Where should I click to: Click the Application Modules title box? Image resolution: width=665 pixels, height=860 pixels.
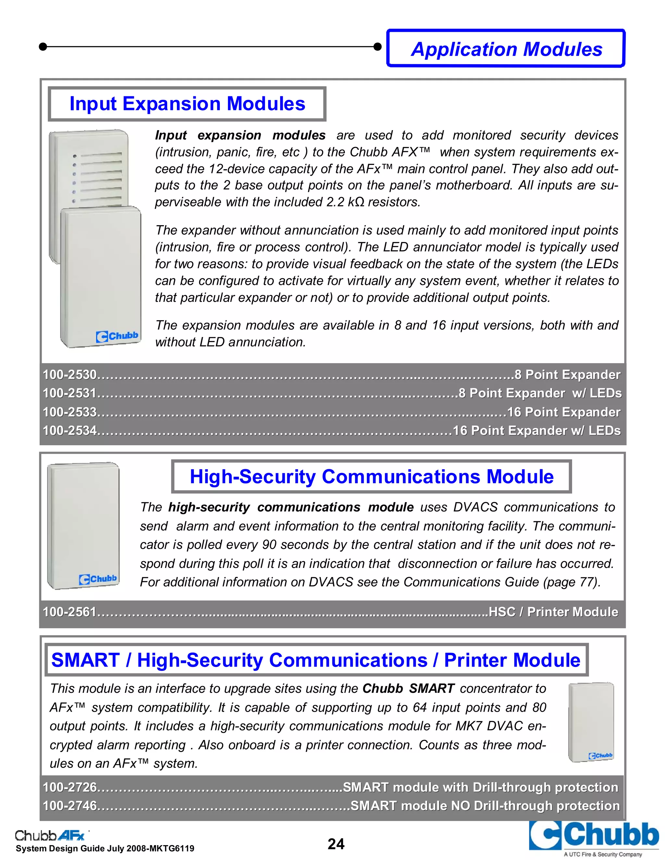click(x=506, y=49)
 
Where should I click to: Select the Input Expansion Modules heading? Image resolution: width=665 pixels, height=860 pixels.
click(x=187, y=104)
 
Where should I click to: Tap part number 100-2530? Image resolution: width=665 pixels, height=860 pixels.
click(x=70, y=375)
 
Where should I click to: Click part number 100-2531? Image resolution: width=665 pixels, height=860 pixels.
click(x=70, y=393)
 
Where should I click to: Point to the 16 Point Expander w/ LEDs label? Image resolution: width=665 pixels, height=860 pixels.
click(x=536, y=430)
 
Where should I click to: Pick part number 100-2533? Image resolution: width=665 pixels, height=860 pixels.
click(x=70, y=412)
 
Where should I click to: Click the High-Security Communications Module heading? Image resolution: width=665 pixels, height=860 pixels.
click(x=371, y=476)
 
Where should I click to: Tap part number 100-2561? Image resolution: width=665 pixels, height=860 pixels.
click(x=70, y=611)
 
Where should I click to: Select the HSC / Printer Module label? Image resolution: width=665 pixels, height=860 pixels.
click(x=553, y=611)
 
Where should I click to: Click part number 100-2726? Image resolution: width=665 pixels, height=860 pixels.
click(x=70, y=787)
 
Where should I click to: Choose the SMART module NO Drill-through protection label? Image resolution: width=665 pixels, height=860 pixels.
click(x=485, y=806)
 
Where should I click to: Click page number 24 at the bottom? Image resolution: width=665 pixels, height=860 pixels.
click(x=336, y=844)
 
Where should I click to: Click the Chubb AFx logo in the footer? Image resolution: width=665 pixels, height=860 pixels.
click(x=50, y=834)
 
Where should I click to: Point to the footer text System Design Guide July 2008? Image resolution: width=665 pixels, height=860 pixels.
click(x=105, y=849)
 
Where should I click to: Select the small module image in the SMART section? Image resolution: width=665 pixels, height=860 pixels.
click(x=591, y=721)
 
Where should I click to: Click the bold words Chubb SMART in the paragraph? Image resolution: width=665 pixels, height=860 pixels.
click(x=408, y=688)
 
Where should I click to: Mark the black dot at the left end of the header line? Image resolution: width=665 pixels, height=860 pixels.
click(x=43, y=47)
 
